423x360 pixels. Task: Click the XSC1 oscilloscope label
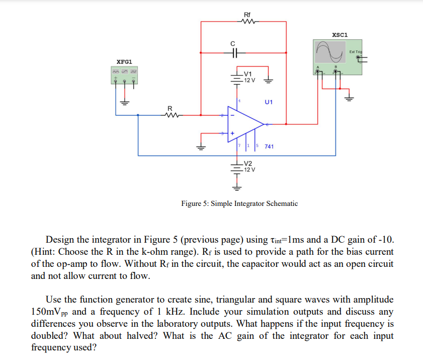pyautogui.click(x=340, y=35)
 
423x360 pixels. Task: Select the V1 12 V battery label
pyautogui.click(x=248, y=77)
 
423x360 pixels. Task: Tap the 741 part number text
pyautogui.click(x=269, y=147)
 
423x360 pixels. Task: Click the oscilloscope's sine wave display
pyautogui.click(x=329, y=50)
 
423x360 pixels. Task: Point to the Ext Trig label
pyautogui.click(x=356, y=52)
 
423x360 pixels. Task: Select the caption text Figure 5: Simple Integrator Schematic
pyautogui.click(x=239, y=203)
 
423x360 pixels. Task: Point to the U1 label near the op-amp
pyautogui.click(x=268, y=102)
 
